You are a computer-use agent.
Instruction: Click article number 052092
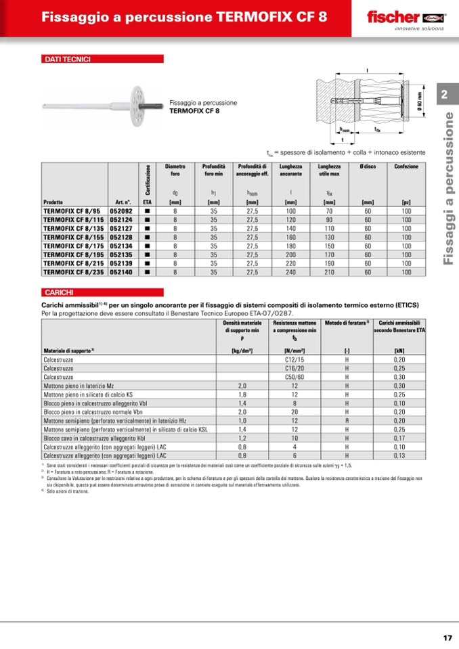point(121,211)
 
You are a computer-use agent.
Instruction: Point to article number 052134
point(121,246)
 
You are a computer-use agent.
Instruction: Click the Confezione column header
point(406,166)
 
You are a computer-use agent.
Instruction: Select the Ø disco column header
point(368,166)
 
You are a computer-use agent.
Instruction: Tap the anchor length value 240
point(291,272)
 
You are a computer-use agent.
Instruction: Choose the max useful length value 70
point(330,211)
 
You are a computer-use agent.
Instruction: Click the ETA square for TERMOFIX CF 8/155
point(147,238)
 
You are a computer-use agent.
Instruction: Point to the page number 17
point(447,637)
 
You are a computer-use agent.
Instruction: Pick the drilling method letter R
point(347,420)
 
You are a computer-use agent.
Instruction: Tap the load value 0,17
point(399,438)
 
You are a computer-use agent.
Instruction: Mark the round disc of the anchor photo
point(144,105)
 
